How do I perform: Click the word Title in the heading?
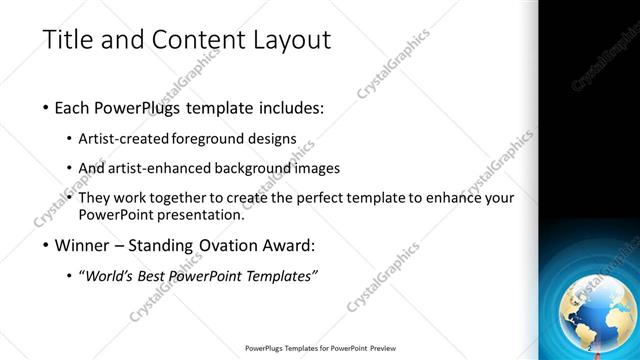coord(68,41)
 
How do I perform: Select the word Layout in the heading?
coord(289,41)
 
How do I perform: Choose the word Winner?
coord(89,246)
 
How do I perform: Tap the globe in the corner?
coord(595,307)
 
